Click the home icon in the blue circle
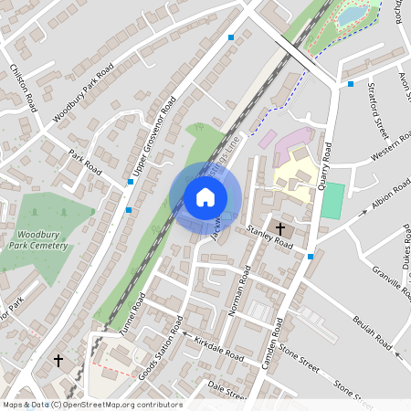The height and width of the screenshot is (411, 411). click(205, 197)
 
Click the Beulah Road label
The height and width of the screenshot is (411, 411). click(373, 333)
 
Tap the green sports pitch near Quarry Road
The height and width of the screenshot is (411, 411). click(333, 200)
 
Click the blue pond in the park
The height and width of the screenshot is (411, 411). click(353, 16)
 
